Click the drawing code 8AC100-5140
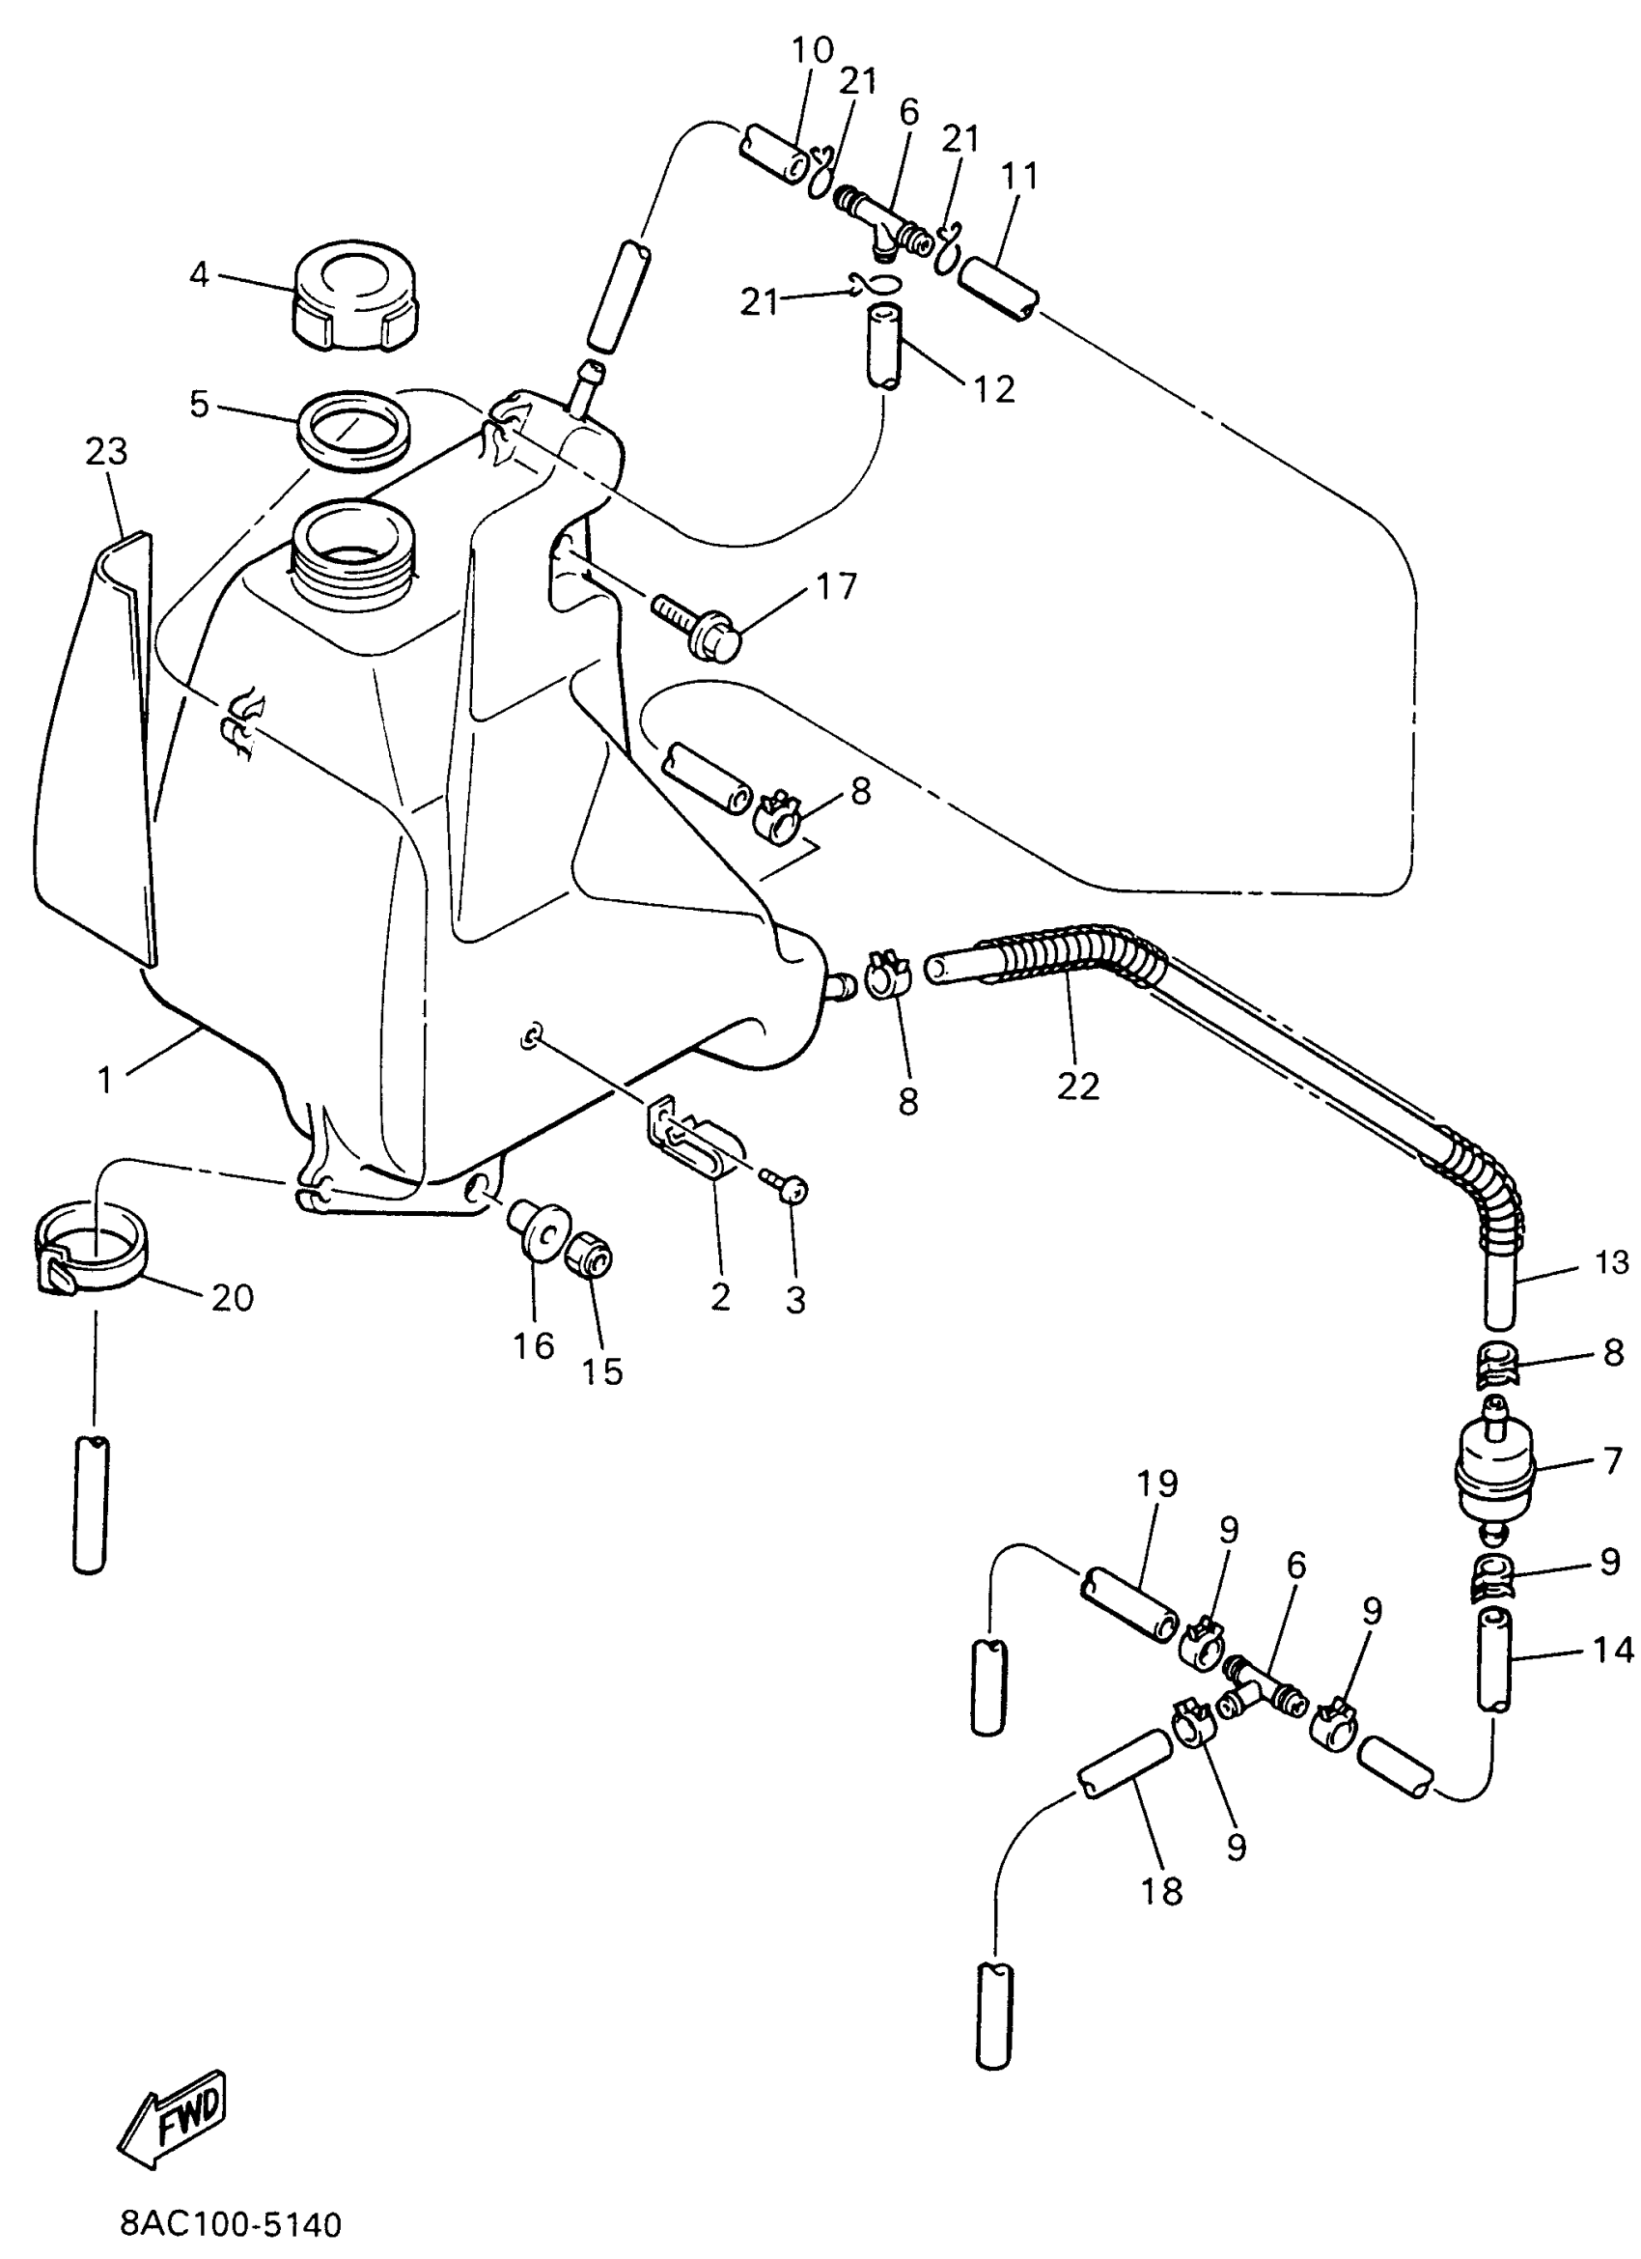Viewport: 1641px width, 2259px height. point(230,2223)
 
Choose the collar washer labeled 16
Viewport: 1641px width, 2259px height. point(538,1230)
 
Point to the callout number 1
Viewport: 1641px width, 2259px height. point(105,1080)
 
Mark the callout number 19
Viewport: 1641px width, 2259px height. point(1156,1483)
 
